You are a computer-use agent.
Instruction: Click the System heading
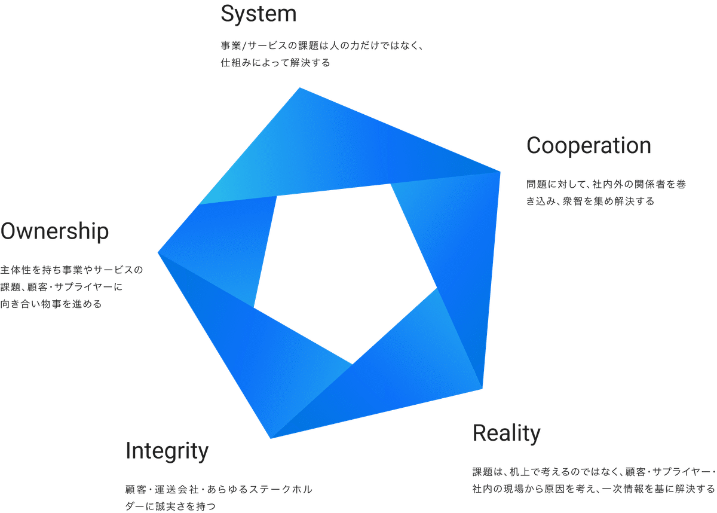[258, 14]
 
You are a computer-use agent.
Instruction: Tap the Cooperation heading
[589, 146]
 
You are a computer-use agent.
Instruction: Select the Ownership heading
[55, 231]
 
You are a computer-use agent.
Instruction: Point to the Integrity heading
[167, 451]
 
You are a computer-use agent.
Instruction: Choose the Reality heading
[507, 433]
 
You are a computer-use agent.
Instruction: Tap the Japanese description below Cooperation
[605, 193]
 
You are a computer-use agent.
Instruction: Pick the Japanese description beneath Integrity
[219, 497]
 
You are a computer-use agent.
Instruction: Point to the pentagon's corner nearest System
[299, 88]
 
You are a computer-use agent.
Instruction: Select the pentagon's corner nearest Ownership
[158, 252]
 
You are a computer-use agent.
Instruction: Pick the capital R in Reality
[479, 433]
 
